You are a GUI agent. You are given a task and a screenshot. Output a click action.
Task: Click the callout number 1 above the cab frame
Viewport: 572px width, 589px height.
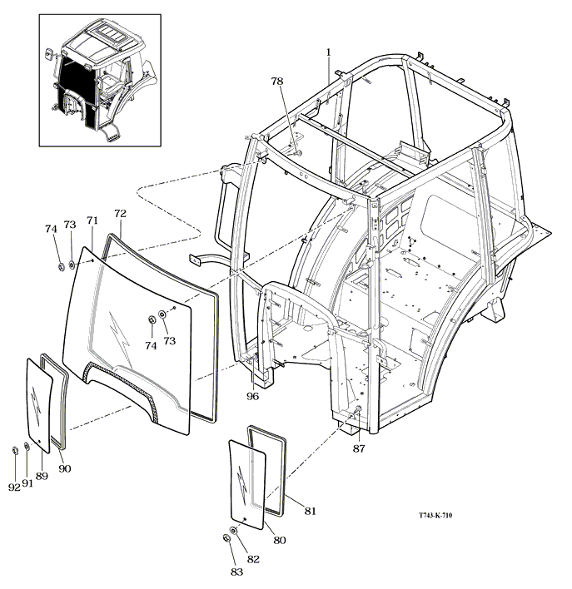(328, 52)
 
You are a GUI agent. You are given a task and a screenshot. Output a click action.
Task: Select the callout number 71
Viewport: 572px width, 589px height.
(92, 220)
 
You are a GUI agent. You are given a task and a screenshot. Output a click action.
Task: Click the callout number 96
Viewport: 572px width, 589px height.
(252, 396)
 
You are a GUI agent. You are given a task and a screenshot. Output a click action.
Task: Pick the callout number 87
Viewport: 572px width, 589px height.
(358, 448)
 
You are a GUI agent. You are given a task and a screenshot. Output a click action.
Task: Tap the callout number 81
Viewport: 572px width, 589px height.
(310, 511)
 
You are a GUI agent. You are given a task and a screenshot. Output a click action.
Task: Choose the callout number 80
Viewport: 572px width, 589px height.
(280, 540)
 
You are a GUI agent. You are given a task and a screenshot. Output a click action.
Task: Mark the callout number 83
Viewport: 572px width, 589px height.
(236, 572)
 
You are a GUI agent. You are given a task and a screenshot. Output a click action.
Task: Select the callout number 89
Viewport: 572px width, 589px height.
(42, 476)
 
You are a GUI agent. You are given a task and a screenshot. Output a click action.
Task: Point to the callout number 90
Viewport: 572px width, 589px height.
(64, 468)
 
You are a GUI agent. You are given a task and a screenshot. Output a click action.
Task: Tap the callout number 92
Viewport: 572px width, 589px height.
(14, 488)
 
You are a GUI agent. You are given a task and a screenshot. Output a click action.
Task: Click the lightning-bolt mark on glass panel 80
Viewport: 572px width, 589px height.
(241, 482)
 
